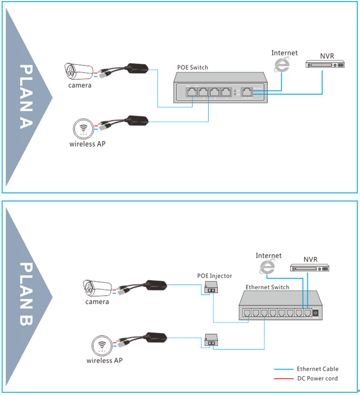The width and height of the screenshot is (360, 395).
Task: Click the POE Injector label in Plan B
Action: click(x=214, y=276)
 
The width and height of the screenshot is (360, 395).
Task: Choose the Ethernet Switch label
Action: click(x=267, y=287)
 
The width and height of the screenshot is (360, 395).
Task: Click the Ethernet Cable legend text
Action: click(x=318, y=369)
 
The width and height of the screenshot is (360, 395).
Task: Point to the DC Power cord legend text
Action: click(x=317, y=379)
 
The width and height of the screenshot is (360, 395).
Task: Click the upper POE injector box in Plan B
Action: click(x=211, y=288)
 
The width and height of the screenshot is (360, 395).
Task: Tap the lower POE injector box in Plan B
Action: click(x=212, y=340)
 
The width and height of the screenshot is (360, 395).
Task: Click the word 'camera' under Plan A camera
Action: click(x=80, y=86)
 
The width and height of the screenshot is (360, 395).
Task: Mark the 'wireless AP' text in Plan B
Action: click(x=104, y=360)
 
